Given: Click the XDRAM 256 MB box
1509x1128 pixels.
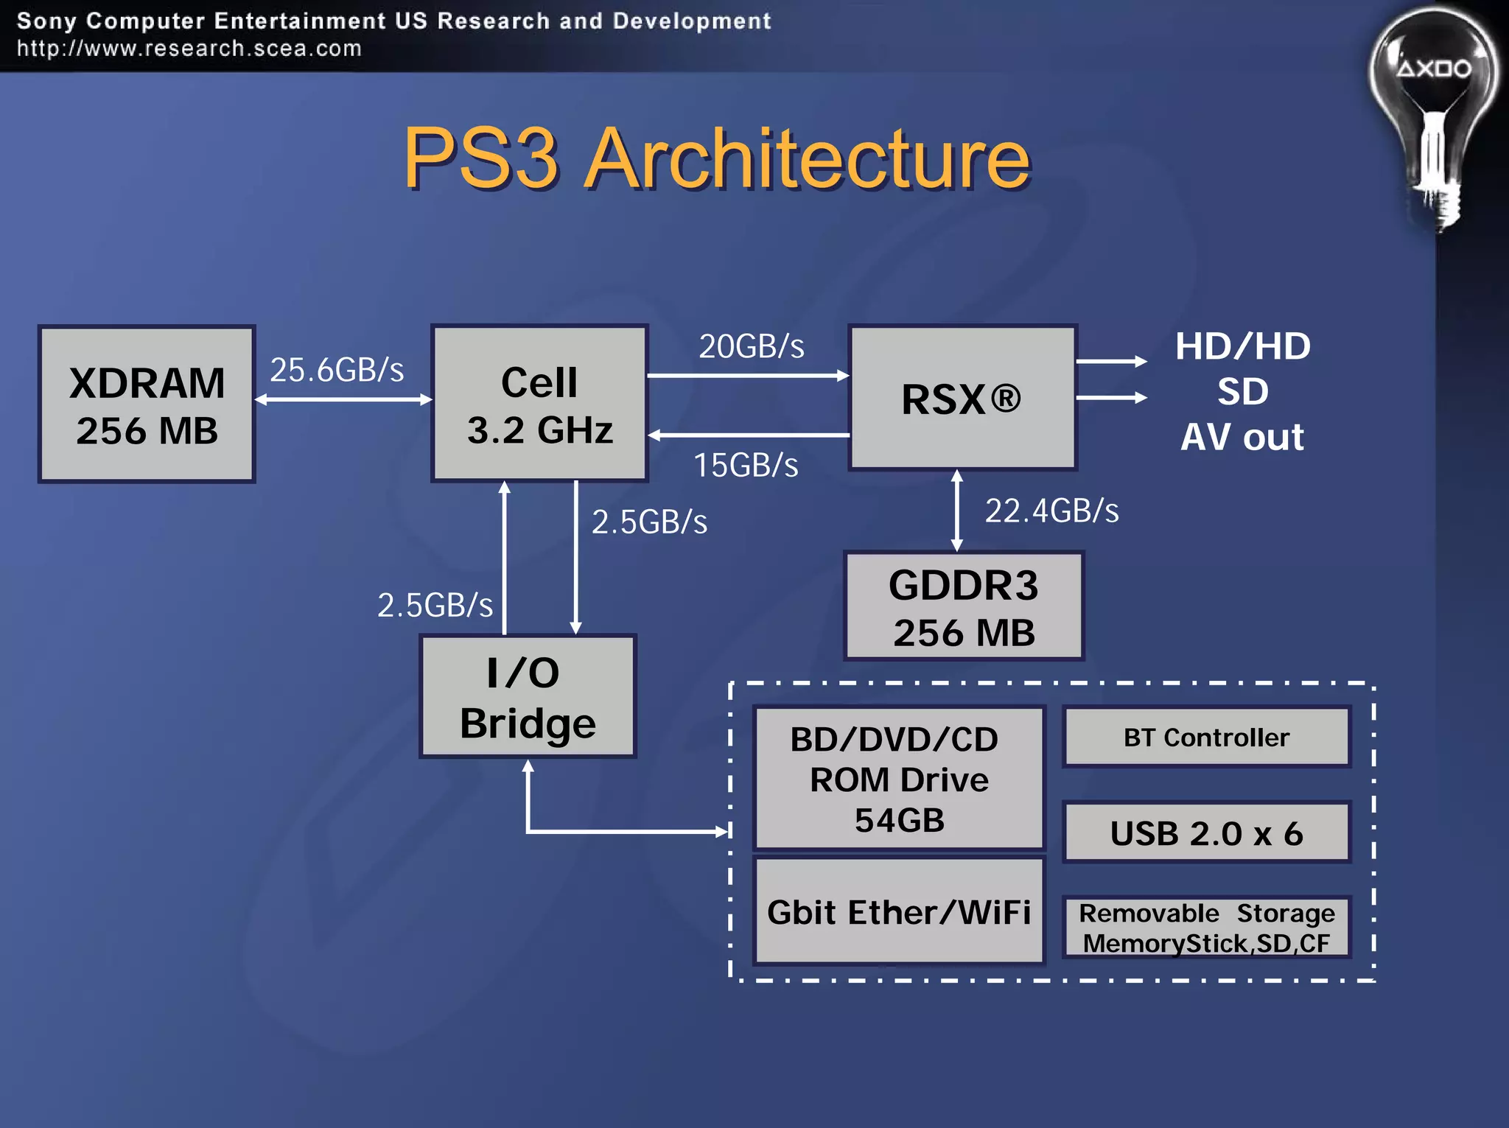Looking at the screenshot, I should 147,404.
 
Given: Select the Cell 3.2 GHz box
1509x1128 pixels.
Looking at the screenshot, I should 539,403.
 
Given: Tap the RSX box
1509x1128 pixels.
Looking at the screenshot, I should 962,398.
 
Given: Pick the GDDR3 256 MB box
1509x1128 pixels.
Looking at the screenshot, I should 963,606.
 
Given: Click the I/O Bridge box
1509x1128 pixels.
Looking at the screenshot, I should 528,696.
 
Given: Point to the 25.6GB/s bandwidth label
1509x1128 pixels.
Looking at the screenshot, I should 337,369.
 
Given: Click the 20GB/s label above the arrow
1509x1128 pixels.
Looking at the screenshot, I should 751,346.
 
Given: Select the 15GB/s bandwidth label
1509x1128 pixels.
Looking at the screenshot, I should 746,465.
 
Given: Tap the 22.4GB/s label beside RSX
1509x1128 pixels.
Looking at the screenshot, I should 1051,511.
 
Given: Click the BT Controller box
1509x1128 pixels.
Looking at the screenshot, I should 1206,737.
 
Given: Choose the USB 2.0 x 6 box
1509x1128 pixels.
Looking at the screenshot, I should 1206,833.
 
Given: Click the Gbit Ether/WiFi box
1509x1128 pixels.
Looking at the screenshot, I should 899,911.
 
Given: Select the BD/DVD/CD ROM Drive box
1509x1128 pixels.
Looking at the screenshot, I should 899,778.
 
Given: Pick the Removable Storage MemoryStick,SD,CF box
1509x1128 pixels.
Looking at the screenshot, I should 1206,928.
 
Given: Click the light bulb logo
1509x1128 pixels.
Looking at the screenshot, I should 1433,111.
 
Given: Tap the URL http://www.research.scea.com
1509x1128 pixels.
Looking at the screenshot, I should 189,49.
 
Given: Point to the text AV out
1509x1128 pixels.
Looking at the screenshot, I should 1242,437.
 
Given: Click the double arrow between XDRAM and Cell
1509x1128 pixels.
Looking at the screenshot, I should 343,399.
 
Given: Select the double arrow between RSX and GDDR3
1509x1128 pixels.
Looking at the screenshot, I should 956,510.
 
